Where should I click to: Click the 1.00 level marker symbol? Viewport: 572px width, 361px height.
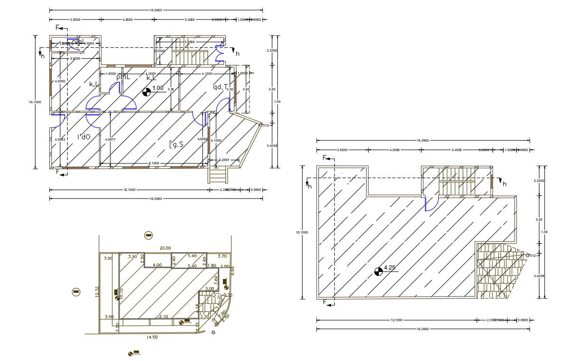pos(147,92)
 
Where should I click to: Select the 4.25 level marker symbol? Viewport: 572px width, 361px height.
pos(378,271)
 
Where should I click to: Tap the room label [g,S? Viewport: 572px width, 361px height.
pos(176,144)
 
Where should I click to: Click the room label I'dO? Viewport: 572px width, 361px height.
pos(84,137)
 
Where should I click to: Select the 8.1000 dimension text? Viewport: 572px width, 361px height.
pos(154,163)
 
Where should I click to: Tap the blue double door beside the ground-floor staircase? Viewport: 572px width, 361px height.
pos(220,53)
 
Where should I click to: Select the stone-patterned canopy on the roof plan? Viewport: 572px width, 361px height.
pos(496,270)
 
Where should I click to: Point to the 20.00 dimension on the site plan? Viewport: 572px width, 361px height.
pos(165,248)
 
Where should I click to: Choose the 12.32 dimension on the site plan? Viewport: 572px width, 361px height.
pos(97,292)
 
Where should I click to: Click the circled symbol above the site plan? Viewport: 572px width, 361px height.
pos(148,235)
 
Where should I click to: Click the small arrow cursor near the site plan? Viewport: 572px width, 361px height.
pos(213,333)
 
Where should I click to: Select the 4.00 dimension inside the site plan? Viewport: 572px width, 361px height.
pos(157,265)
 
